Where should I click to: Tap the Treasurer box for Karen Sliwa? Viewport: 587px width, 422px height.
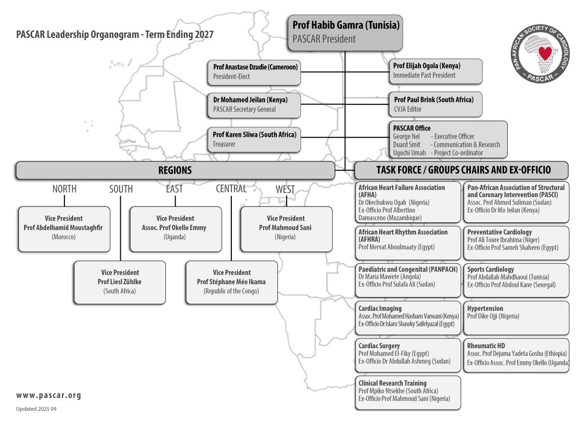(x=255, y=139)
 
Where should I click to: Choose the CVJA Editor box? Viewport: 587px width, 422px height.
(x=435, y=104)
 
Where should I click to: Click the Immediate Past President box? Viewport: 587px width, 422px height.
(x=435, y=71)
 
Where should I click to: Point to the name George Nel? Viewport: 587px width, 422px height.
(x=406, y=137)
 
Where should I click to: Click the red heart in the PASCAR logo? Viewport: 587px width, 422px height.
(x=546, y=52)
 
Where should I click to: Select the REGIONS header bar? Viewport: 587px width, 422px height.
(x=175, y=171)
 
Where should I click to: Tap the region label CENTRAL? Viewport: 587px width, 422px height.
(x=231, y=189)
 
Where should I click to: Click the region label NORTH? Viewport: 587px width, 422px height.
(x=64, y=189)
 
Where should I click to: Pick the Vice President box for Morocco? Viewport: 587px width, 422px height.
(x=64, y=228)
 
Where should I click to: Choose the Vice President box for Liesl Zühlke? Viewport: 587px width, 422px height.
(x=120, y=282)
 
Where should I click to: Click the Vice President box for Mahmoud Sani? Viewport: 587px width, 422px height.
(x=286, y=228)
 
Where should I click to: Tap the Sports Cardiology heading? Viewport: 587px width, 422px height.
(x=490, y=269)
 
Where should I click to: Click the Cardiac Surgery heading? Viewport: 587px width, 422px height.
(x=379, y=346)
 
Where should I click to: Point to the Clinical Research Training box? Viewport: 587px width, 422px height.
(x=407, y=392)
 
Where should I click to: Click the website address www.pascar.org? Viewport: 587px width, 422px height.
(x=49, y=395)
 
